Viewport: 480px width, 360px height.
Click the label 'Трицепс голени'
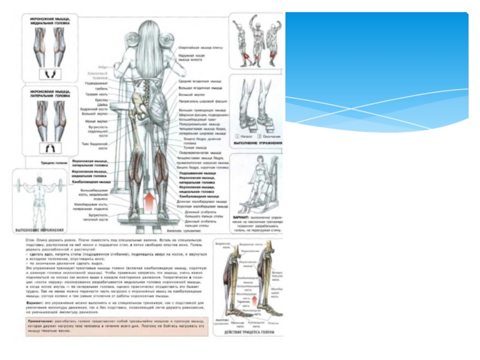point(53,162)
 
